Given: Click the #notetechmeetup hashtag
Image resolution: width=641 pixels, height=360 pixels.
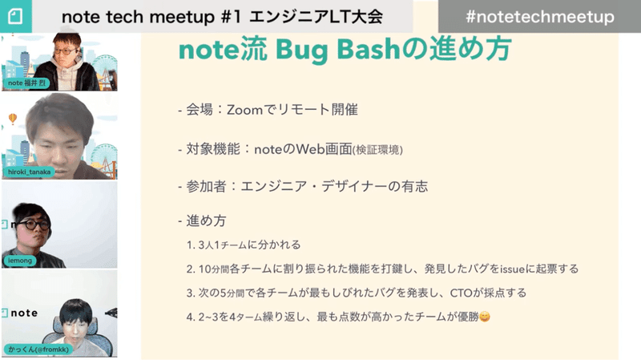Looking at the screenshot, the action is pos(539,17).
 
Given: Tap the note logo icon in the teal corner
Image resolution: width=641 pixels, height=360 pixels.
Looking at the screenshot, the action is pos(15,16).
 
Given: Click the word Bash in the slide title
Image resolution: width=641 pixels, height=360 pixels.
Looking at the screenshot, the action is pos(368,50).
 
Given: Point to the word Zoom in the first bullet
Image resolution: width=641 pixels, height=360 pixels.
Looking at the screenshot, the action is pos(244,110).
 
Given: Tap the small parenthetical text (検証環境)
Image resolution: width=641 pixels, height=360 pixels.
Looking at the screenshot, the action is pos(377,150).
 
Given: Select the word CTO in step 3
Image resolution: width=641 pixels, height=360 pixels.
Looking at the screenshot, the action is pos(462,293).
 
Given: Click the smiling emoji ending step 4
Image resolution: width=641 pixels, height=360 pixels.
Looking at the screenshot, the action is pos(485,317).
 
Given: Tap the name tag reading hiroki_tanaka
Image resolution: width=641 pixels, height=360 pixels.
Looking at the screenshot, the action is pos(29,172).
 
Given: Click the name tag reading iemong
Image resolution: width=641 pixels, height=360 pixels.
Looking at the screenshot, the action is pos(20,261).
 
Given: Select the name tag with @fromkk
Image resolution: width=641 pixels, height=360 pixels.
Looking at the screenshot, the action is pos(38,350).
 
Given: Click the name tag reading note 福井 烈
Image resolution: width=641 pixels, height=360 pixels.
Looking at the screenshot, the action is pos(26,83).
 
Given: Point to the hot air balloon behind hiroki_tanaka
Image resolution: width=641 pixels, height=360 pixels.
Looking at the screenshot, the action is pos(13,118).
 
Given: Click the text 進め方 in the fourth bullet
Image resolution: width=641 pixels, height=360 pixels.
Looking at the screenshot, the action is pos(206,221).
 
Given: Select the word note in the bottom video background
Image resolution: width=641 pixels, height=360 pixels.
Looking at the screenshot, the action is pos(24,313).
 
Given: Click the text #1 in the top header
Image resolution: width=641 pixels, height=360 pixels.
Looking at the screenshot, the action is pos(232,17).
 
